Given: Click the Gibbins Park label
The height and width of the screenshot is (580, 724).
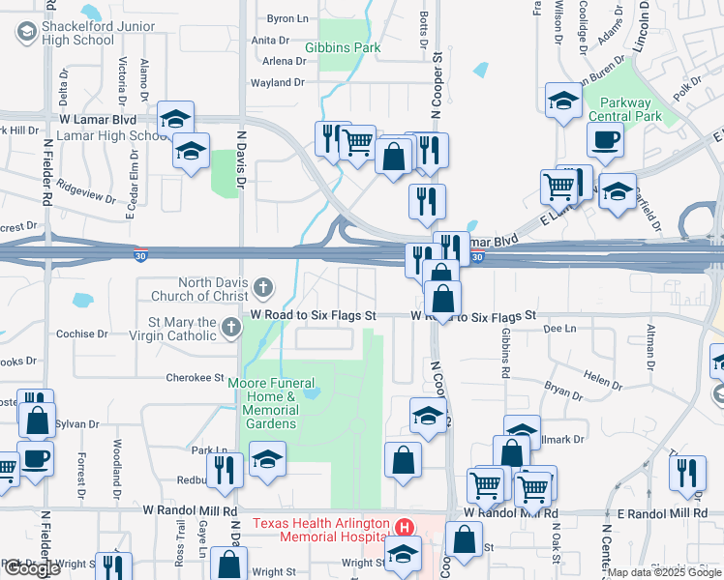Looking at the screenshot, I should click(x=343, y=47).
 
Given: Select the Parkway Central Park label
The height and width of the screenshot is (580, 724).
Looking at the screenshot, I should click(x=630, y=110).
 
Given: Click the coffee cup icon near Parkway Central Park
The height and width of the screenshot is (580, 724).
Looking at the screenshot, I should click(x=605, y=139).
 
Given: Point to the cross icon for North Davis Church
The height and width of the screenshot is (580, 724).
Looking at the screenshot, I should click(x=263, y=287).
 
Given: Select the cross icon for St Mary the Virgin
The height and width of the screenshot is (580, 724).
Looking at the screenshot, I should click(x=230, y=328).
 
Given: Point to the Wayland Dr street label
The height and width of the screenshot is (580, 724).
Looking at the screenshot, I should click(x=278, y=83).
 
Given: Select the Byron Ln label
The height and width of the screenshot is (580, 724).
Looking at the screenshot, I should click(x=287, y=18).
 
